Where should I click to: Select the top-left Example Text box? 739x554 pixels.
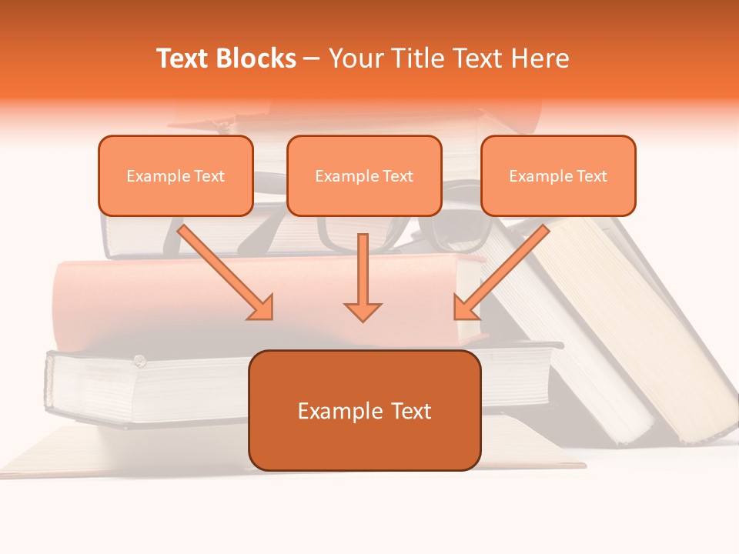pyautogui.click(x=176, y=176)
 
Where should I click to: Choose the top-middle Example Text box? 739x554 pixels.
pyautogui.click(x=364, y=176)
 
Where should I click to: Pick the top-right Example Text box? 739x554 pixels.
pyautogui.click(x=558, y=176)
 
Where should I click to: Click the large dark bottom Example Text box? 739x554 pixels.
pyautogui.click(x=364, y=410)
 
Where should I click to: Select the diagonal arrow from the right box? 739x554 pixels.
pyautogui.click(x=504, y=269)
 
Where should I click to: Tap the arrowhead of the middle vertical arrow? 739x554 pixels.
pyautogui.click(x=363, y=311)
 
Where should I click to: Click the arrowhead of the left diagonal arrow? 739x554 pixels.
pyautogui.click(x=262, y=308)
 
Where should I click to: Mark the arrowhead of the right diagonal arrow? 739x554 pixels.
pyautogui.click(x=465, y=308)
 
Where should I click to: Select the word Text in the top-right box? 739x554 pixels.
pyautogui.click(x=591, y=176)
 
